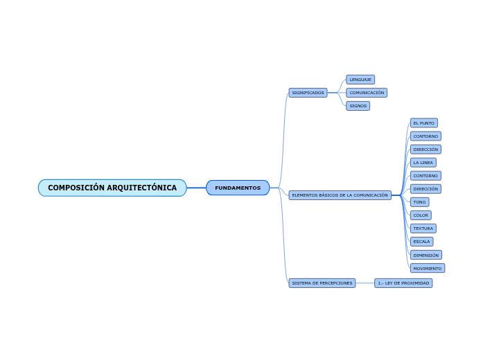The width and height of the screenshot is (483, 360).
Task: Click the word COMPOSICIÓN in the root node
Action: [x=76, y=188]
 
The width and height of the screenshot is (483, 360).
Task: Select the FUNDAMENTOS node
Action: [x=238, y=188]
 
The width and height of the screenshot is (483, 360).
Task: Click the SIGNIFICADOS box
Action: [x=308, y=93]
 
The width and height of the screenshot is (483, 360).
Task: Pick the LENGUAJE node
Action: [x=360, y=80]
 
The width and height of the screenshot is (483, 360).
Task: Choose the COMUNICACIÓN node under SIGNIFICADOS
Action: [x=367, y=93]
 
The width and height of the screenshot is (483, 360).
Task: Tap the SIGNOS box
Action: [x=358, y=106]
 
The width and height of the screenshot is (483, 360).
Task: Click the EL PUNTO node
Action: [x=423, y=123]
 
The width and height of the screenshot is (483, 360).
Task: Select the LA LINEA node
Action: [x=423, y=163]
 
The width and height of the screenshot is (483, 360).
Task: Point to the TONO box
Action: [x=419, y=202]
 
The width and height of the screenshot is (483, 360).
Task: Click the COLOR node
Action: [x=421, y=215]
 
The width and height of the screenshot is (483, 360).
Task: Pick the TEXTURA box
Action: [x=423, y=228]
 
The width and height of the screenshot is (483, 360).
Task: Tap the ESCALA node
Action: [x=421, y=242]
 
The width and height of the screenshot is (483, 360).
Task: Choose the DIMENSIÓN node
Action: [x=425, y=255]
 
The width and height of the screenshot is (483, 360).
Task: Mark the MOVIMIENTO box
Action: [x=427, y=268]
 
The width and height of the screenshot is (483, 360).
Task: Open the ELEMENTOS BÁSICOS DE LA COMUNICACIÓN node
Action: [x=340, y=195]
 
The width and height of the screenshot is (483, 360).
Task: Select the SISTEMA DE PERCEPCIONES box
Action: [x=322, y=283]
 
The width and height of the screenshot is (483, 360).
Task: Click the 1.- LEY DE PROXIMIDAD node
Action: [x=403, y=283]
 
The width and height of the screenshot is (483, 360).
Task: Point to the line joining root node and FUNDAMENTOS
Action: [x=196, y=188]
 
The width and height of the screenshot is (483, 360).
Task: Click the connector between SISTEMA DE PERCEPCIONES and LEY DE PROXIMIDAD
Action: [x=365, y=283]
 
